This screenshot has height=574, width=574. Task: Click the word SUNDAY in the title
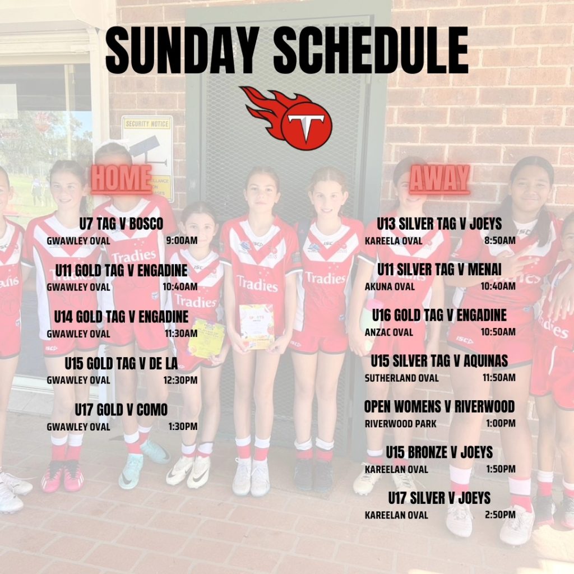pyautogui.click(x=180, y=50)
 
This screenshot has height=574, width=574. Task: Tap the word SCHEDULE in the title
pyautogui.click(x=371, y=50)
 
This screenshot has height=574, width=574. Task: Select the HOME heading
pyautogui.click(x=122, y=179)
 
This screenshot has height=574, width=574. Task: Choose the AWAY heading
pyautogui.click(x=439, y=179)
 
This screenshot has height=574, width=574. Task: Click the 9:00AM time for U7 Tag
pyautogui.click(x=182, y=240)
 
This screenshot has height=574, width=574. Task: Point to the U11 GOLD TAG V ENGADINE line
pyautogui.click(x=122, y=271)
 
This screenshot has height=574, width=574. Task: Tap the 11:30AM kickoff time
pyautogui.click(x=181, y=333)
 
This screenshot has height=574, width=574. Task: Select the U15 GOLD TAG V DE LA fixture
pyautogui.click(x=121, y=363)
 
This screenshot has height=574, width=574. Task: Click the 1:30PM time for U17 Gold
pyautogui.click(x=183, y=427)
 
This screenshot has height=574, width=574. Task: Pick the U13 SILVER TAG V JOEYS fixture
pyautogui.click(x=439, y=224)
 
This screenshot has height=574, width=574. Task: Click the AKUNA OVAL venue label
pyautogui.click(x=390, y=286)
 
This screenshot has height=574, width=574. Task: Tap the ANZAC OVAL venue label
pyautogui.click(x=389, y=332)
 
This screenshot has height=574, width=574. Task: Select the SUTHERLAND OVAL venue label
pyautogui.click(x=401, y=378)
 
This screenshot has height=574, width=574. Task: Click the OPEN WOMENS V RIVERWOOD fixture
pyautogui.click(x=439, y=406)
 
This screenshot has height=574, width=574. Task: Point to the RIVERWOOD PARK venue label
pyautogui.click(x=400, y=424)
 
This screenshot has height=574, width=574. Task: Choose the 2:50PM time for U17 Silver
pyautogui.click(x=500, y=515)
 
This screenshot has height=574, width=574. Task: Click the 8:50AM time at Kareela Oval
pyautogui.click(x=499, y=240)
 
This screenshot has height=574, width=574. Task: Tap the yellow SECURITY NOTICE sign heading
pyautogui.click(x=147, y=124)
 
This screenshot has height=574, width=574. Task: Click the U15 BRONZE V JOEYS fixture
pyautogui.click(x=439, y=452)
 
